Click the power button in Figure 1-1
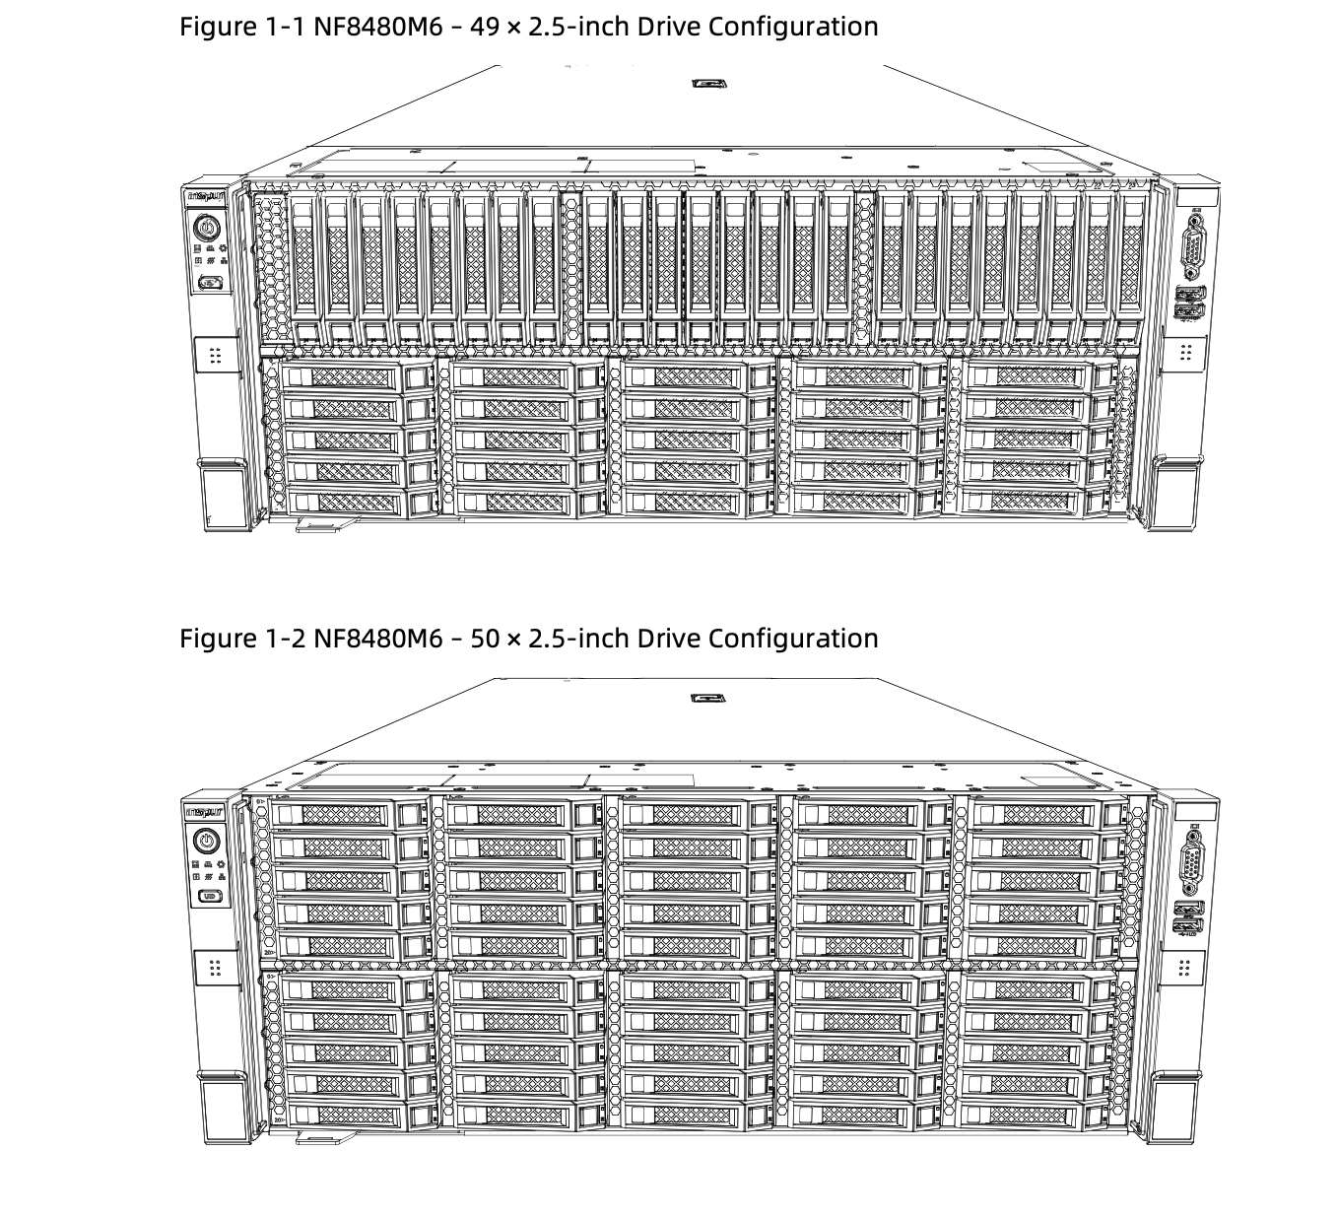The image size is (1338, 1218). coord(206,229)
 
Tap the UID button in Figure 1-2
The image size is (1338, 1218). coord(208,896)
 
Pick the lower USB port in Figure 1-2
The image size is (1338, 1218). coord(1189,925)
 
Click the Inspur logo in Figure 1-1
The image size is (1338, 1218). coord(206,197)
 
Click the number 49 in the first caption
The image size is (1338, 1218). coord(485,27)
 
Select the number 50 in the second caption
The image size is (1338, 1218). coord(485,639)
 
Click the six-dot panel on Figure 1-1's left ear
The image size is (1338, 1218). coord(216,355)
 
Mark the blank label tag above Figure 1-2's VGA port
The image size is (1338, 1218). coord(1195,811)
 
